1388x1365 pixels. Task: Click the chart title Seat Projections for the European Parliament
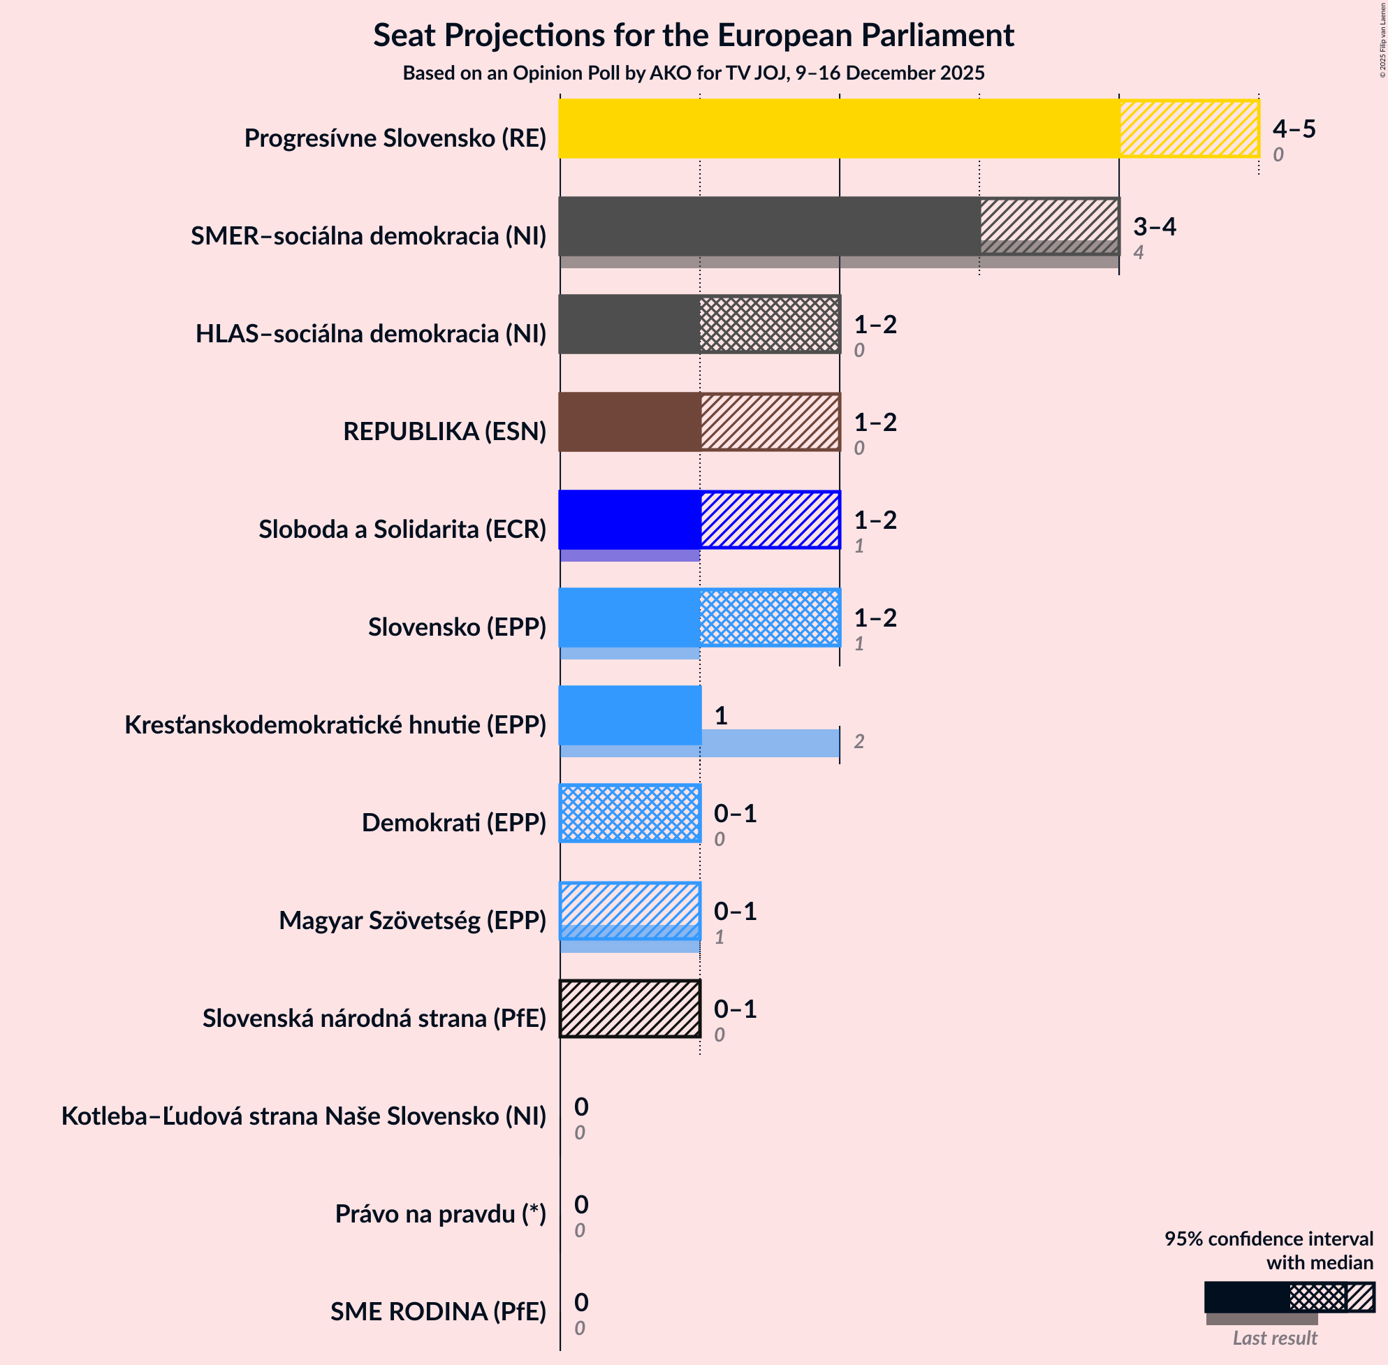click(x=693, y=36)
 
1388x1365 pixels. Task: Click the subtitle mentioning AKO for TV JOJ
click(x=693, y=73)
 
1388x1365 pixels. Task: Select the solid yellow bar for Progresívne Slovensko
click(x=839, y=129)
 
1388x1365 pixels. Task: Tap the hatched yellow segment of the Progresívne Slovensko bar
click(x=1189, y=129)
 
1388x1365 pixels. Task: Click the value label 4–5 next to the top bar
click(x=1294, y=129)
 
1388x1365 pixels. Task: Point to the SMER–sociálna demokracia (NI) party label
click(x=369, y=236)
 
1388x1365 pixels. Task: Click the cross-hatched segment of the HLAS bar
click(x=769, y=324)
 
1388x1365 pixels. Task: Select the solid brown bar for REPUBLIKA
click(x=629, y=421)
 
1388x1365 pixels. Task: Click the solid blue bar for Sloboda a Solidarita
click(x=629, y=520)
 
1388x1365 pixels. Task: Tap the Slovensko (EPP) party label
click(x=457, y=627)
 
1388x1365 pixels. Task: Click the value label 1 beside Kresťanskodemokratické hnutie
click(x=720, y=715)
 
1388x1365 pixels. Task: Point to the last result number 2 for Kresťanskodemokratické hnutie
click(x=859, y=741)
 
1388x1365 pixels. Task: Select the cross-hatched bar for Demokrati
click(x=629, y=813)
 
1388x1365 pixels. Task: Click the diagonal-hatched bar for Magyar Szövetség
click(x=629, y=910)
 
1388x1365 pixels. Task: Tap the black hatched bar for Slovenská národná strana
click(x=629, y=1009)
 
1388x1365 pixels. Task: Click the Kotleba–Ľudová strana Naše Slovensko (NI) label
click(x=303, y=1116)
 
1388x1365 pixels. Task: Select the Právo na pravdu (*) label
click(x=440, y=1213)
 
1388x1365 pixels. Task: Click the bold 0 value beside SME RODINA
click(x=580, y=1302)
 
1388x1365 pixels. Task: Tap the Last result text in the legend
click(x=1274, y=1338)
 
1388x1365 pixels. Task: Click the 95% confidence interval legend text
click(x=1269, y=1250)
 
